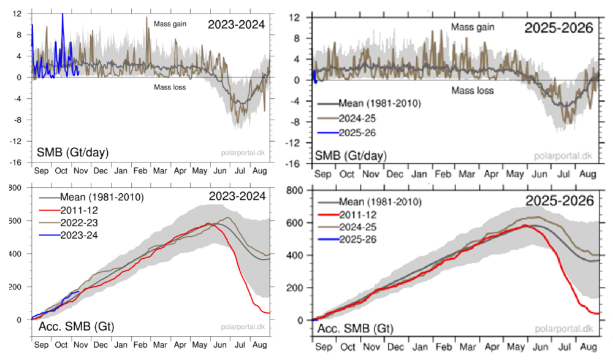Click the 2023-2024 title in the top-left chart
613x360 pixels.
coord(236,25)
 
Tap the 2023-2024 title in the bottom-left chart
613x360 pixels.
coord(236,197)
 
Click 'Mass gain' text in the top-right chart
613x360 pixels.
coord(473,27)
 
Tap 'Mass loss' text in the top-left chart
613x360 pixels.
coord(169,87)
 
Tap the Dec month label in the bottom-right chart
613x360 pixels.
coord(392,347)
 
